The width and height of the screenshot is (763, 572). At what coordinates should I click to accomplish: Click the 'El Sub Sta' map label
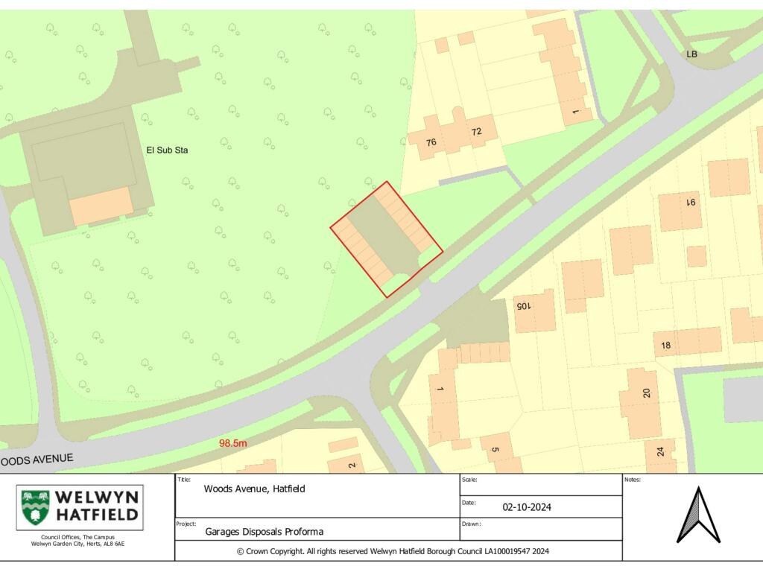pos(167,150)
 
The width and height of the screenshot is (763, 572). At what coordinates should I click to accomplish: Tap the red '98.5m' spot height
pos(232,443)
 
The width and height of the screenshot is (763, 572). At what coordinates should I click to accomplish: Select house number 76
pos(431,142)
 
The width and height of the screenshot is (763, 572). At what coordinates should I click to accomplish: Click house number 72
pos(476,132)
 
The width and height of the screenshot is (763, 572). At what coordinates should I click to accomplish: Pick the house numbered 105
pos(524,306)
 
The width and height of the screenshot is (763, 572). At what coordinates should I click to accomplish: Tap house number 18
pos(665,345)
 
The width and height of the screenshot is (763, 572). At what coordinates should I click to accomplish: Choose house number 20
pos(646,393)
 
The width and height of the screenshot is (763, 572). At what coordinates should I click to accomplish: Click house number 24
pos(660,451)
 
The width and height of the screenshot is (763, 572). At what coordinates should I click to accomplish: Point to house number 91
pos(690,201)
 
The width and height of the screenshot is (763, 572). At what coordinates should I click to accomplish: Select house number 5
pos(494,450)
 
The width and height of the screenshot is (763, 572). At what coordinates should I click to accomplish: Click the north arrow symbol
pos(698,515)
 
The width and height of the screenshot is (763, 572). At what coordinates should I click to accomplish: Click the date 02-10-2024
pos(527,507)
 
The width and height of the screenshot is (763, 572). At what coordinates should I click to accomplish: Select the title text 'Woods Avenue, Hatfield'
pos(254,489)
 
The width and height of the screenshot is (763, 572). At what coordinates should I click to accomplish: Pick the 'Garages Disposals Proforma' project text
pos(265,532)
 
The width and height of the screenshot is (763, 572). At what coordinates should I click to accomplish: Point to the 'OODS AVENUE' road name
pos(37,460)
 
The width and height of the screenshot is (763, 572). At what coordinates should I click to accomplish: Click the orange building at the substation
pos(102,206)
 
